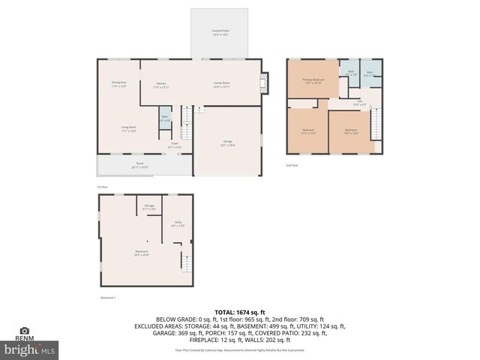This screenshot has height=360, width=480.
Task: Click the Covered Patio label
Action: pos(220,32)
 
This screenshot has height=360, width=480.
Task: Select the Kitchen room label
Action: pos(162,85)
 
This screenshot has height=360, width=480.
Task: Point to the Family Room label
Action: pos(221,85)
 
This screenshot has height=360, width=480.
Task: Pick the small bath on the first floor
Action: pos(165,118)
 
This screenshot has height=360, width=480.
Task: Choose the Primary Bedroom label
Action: pos(312,81)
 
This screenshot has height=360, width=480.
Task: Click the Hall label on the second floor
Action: pos(360,103)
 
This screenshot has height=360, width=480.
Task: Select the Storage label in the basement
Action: pos(149,207)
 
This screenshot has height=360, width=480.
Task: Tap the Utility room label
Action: pos(178,224)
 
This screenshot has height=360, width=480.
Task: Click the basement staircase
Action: pos(185,262)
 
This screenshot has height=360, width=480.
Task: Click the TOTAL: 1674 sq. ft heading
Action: pos(239,311)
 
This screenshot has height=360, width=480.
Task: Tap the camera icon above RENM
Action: pos(24,330)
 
